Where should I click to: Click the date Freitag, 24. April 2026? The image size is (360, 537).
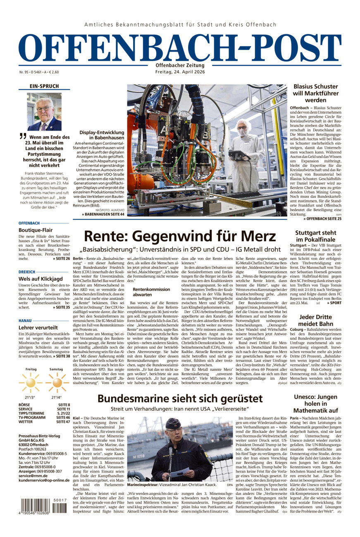coord(180,72)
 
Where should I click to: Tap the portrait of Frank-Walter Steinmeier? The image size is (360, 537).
coord(44,112)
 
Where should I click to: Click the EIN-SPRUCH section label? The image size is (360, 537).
coord(44,86)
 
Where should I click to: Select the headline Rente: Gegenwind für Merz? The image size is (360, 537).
coord(180,237)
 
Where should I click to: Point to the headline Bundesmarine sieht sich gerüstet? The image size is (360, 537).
coord(180,399)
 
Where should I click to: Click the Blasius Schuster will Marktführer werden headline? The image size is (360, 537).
coord(316,93)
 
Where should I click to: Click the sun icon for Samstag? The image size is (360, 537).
coord(57,383)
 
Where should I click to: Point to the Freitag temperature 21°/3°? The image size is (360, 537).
coord(31,397)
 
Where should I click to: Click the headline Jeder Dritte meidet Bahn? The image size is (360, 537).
coord(316,321)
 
